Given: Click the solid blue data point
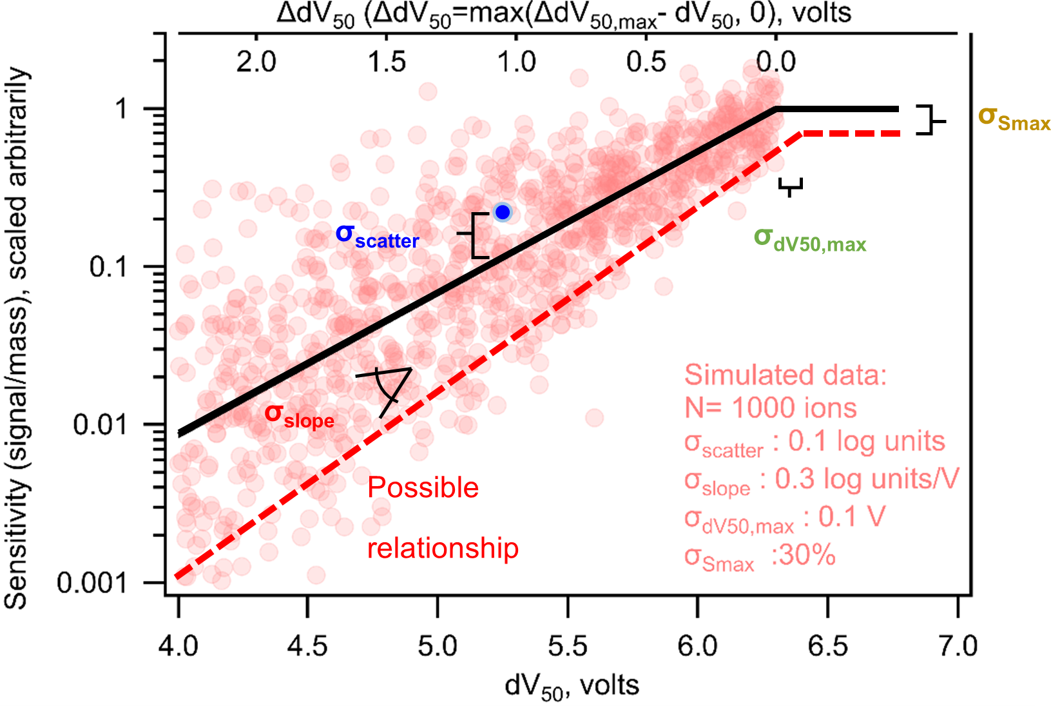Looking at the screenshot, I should pos(503,212).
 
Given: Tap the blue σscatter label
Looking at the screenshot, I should pos(377,237).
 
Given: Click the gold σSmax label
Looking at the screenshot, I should pos(1014,119).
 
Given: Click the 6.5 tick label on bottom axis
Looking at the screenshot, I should pos(828,645).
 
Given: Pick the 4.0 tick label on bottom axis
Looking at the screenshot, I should pos(178,645).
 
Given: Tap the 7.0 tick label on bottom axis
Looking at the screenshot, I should pos(958,645).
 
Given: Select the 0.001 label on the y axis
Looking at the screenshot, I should pos(91,583).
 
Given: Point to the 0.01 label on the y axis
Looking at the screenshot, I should pos(99,425).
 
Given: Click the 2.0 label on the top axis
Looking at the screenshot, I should pos(256,62).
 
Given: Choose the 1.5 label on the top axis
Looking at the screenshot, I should pos(387,62).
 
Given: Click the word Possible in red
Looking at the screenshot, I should pos(423,488).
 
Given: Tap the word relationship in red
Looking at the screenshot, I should pos(443,549).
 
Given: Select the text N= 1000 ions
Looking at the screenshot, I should pos(770,408).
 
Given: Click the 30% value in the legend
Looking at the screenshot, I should pos(804,555).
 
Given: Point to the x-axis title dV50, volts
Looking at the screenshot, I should pos(572,687).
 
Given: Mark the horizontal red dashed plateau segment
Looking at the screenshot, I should pos(851,133).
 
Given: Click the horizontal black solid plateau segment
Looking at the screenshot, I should pos(838,109).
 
